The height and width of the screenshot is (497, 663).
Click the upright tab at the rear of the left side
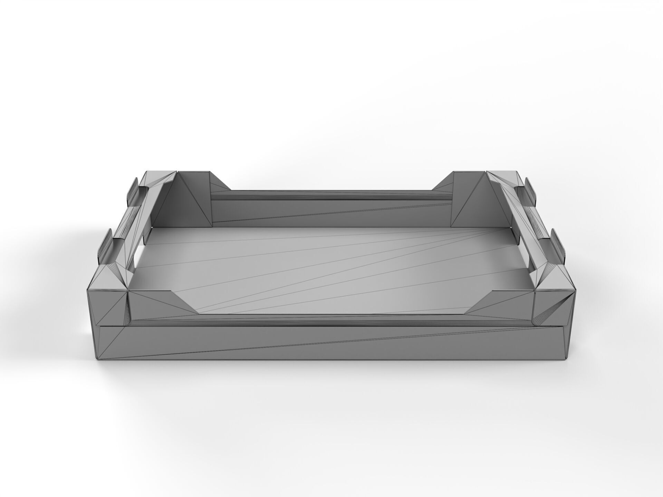tap(133, 190)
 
